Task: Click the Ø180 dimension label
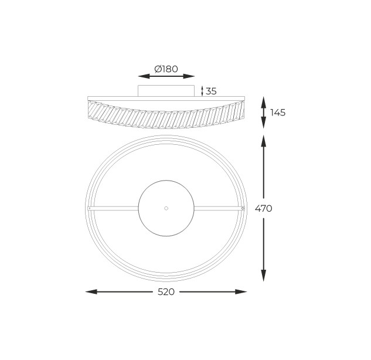166,69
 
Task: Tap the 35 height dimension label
211,91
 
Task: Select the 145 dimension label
278,113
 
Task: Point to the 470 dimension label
264,209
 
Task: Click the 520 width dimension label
166,292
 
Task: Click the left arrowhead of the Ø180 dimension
144,76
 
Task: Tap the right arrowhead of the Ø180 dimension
189,76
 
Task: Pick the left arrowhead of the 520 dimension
91,291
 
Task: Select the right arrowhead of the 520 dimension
241,291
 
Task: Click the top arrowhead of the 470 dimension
264,141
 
